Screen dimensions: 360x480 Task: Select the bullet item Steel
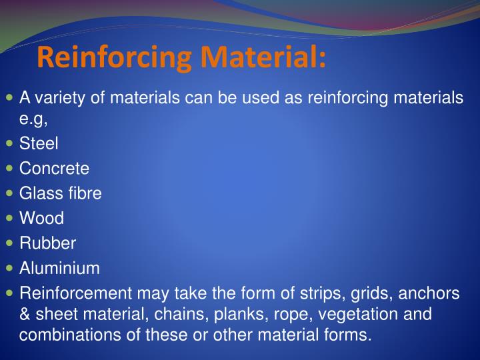point(39,143)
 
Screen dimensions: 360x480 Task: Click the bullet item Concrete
point(54,168)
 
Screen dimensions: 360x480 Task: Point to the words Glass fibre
point(60,193)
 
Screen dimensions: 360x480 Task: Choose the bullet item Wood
point(41,218)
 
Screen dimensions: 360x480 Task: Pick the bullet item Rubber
point(47,243)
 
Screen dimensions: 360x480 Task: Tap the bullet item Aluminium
point(59,268)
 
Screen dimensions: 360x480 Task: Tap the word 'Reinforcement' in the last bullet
point(75,293)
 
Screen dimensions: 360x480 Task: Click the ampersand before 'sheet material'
point(25,314)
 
